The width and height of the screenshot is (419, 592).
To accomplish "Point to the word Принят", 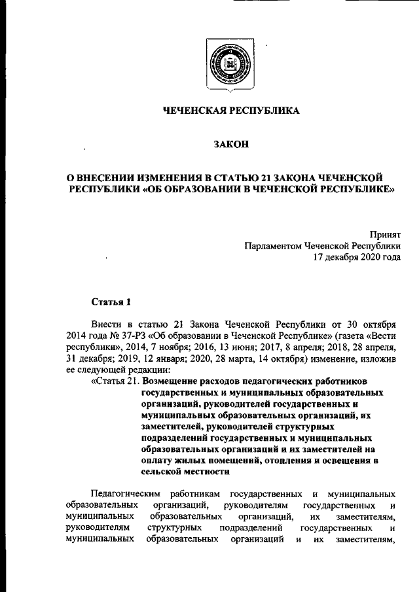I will coord(386,234).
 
